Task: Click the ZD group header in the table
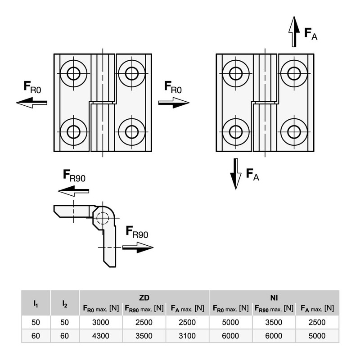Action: pos(144,297)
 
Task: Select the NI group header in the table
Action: pos(274,297)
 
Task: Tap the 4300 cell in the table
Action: pos(100,336)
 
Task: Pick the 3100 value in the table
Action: pos(187,336)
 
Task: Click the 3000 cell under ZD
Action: pos(100,322)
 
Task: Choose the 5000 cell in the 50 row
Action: pos(230,322)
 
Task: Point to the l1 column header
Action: pos(36,304)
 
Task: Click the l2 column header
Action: pos(65,304)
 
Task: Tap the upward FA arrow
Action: pos(294,31)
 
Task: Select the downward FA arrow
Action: pos(236,174)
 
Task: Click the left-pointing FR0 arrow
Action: pos(31,103)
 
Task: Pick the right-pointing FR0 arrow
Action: pos(174,103)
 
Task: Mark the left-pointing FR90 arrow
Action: pos(73,191)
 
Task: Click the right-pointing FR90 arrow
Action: pos(138,247)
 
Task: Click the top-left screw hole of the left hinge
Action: pos(73,73)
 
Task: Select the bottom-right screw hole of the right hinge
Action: pos(294,132)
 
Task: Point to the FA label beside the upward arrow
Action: pos(310,34)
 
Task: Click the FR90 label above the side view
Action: pos(74,175)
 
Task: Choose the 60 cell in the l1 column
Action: pos(36,336)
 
